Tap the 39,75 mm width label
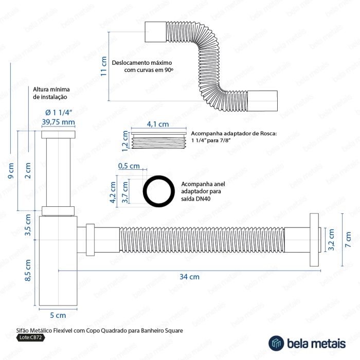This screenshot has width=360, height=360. (58, 122)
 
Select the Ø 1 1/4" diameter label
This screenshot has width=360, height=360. (58, 112)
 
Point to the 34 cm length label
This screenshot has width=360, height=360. (189, 276)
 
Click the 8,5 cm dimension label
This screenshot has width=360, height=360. (28, 270)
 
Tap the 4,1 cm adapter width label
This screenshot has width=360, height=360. (158, 124)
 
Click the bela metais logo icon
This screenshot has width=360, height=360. (277, 343)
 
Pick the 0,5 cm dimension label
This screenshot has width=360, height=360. (129, 166)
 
